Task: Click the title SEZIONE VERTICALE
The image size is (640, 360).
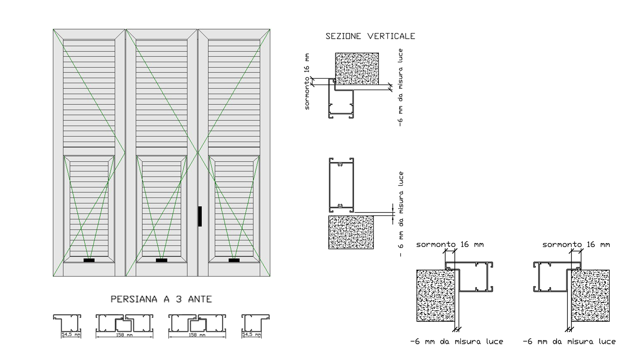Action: point(370,36)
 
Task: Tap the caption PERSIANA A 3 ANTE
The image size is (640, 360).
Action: point(161,299)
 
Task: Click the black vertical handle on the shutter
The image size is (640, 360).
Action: point(200,216)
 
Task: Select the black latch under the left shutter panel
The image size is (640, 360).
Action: point(89,260)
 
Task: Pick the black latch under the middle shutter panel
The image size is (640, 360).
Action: point(162,260)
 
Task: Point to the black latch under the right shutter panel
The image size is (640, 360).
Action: point(234,260)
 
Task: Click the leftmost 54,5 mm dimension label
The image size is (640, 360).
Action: point(71,334)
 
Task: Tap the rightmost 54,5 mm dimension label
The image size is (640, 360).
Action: point(252,334)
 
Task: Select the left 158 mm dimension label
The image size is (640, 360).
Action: point(124,335)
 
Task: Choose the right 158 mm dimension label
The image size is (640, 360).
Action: point(197,335)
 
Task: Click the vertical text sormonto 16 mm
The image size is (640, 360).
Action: point(307,81)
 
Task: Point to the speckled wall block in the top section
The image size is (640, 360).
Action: point(357,68)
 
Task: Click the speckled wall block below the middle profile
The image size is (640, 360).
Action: point(351,232)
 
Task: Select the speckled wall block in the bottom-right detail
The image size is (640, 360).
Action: point(590,296)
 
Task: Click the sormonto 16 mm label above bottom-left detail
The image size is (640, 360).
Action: point(450,245)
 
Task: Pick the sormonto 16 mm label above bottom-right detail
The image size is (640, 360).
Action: point(576,245)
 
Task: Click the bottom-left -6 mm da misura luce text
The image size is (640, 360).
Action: point(457,342)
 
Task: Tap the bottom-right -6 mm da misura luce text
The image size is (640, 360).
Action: point(569,342)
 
